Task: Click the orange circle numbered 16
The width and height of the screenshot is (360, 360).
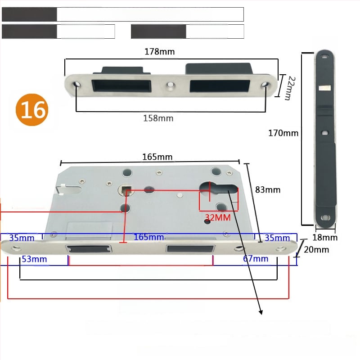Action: coord(32,110)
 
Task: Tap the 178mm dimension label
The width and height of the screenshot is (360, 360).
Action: coord(160,52)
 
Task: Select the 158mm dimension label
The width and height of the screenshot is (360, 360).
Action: coord(158,118)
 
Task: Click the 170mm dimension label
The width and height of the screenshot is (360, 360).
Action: coord(283,133)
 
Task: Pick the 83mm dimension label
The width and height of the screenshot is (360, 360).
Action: coord(268,190)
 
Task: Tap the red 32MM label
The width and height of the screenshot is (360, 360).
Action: coord(218,217)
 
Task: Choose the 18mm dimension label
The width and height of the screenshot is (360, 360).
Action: coord(325,238)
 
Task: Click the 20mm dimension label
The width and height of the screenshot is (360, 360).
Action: coord(316,250)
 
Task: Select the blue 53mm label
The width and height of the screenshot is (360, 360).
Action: coord(35,259)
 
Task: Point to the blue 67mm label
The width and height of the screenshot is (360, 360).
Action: coord(256,259)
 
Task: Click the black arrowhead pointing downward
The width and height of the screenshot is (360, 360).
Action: coord(261,312)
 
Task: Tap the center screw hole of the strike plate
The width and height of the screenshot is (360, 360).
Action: coord(170,85)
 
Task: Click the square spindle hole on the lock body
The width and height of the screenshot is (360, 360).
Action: coord(126,190)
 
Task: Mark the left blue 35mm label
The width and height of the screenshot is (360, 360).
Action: coord(22,238)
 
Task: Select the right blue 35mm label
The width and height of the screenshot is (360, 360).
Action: coord(277,238)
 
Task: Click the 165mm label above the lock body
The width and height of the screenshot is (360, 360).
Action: coord(157,157)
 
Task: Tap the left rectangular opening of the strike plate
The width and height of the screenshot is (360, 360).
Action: coord(121,85)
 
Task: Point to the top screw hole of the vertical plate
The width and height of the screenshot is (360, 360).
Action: coord(324,57)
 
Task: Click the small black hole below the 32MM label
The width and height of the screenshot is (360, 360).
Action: coord(207,221)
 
